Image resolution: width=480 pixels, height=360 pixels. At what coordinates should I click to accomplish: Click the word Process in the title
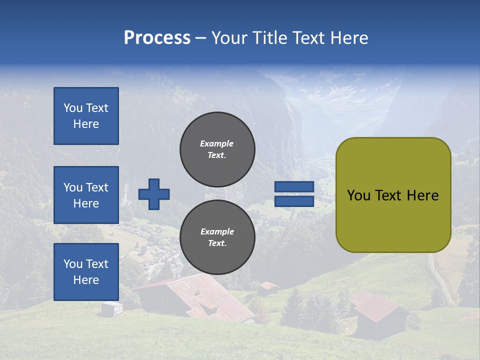coord(157,38)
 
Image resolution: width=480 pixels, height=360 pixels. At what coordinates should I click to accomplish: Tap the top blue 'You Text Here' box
coord(86,116)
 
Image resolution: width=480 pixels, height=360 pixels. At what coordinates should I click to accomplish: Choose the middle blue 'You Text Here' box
coord(86,195)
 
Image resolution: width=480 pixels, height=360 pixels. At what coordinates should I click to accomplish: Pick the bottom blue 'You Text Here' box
coord(86,271)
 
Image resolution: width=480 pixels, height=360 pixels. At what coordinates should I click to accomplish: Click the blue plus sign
coord(154,194)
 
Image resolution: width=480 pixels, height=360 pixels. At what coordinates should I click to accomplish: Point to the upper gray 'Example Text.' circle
coord(217,149)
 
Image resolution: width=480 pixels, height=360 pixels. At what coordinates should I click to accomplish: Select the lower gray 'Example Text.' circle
coord(217,237)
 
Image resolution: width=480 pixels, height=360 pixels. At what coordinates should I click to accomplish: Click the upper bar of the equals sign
coord(294,187)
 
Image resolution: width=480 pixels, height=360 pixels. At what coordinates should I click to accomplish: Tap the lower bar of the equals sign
coord(294,201)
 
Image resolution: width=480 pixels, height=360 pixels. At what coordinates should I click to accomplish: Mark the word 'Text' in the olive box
coord(388,195)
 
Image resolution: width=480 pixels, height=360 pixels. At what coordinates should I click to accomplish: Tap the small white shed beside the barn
coord(111,308)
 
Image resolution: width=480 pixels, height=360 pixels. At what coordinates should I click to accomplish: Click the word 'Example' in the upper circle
coord(217,143)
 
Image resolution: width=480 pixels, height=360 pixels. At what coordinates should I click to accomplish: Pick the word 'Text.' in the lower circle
coord(217,243)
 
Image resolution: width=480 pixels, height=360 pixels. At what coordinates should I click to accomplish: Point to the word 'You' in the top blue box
coord(72,108)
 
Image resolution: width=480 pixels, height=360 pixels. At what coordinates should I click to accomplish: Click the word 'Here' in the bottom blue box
coord(86,280)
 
